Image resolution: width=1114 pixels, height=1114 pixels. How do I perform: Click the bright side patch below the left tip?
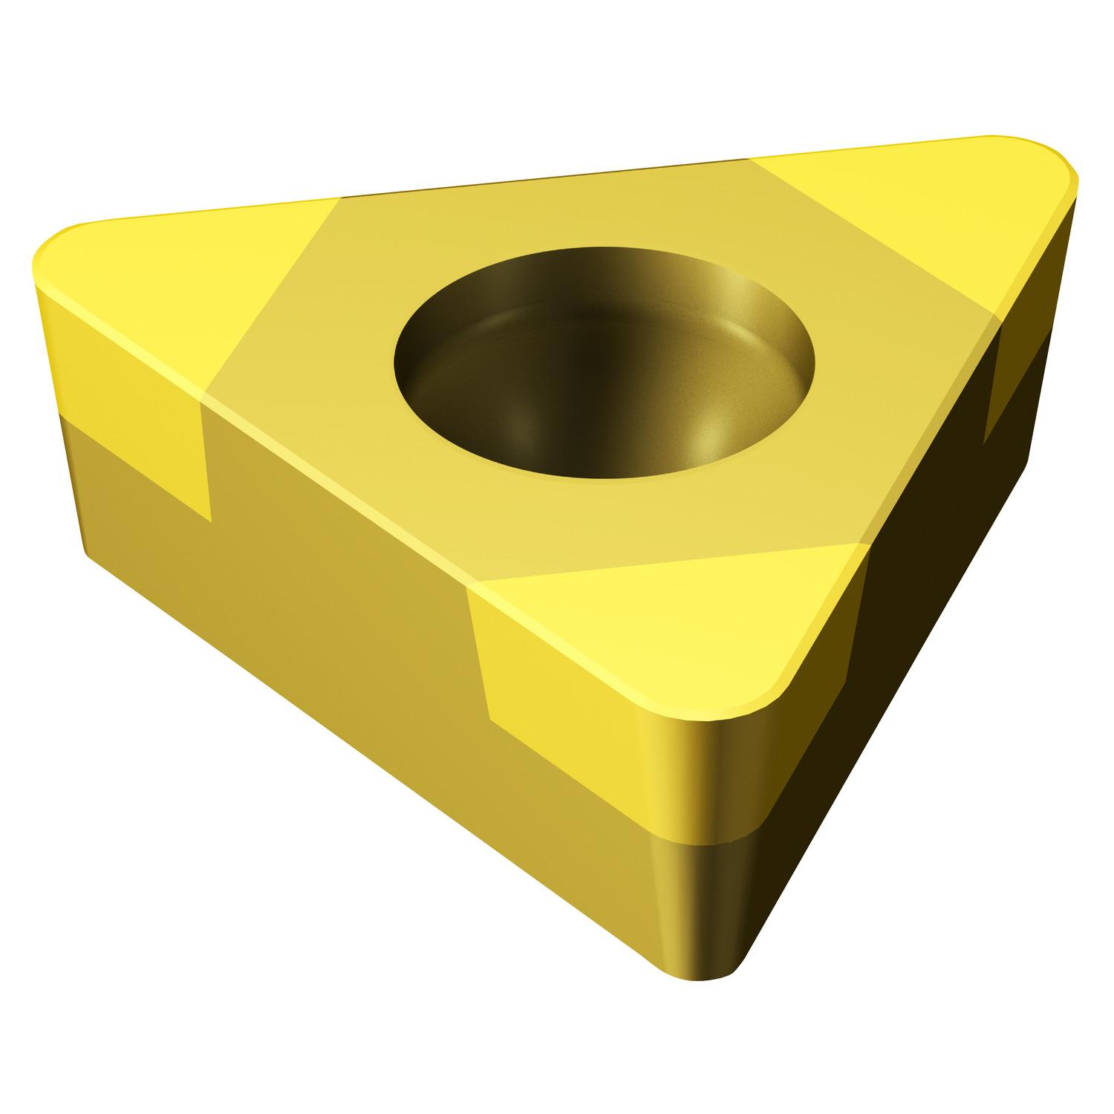[134, 416]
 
